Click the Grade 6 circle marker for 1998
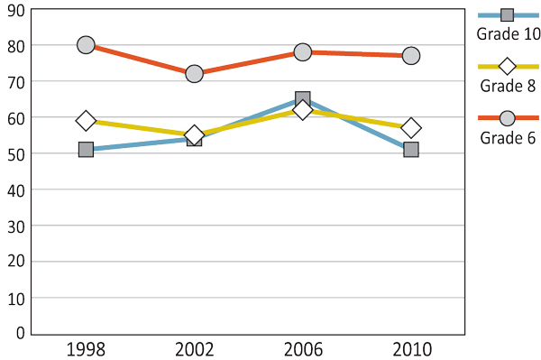pos(86,45)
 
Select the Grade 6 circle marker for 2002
pos(194,74)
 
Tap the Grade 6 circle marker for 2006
pos(303,52)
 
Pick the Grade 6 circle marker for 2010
pos(411,56)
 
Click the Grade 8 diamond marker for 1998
pos(86,120)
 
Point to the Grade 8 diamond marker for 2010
pos(411,127)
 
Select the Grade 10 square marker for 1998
pos(86,149)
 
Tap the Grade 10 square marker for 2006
pos(303,98)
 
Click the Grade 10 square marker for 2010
pos(411,149)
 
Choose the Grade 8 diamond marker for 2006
pos(303,110)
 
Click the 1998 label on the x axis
pos(86,349)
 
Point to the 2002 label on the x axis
pos(194,349)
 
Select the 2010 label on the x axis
pos(411,349)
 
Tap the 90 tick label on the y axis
pos(15,10)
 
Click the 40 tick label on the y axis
pos(15,189)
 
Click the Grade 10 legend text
pos(508,34)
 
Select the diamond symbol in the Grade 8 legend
pos(507,66)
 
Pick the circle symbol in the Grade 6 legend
pos(507,118)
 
